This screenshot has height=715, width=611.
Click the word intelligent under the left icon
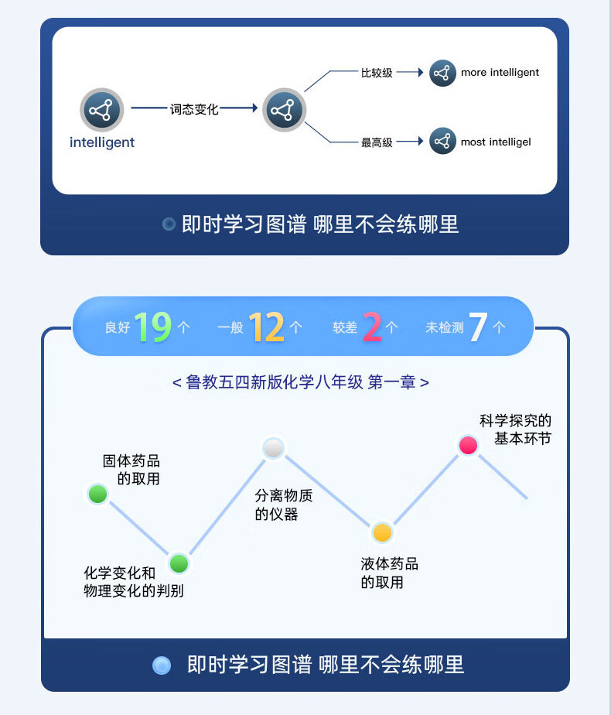[101, 142]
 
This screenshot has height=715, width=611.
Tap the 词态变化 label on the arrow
[194, 110]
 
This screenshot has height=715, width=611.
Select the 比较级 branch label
[377, 73]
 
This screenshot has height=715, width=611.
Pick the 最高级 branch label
[377, 142]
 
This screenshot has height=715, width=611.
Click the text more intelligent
[500, 73]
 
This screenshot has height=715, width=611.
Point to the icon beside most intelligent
[442, 142]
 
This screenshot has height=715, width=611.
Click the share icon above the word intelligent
[101, 110]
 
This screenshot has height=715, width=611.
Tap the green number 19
[152, 327]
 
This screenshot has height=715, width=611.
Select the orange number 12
[267, 327]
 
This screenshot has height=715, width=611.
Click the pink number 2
[371, 327]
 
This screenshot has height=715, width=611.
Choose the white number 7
[477, 327]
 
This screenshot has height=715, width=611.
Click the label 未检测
[444, 328]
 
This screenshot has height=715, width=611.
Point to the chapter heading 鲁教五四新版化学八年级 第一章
[301, 382]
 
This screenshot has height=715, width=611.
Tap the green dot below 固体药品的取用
[97, 494]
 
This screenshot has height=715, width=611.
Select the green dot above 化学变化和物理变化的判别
[179, 564]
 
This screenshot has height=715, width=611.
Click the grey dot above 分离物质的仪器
[274, 448]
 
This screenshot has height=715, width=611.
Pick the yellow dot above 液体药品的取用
[382, 532]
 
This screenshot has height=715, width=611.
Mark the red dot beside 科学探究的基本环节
[468, 445]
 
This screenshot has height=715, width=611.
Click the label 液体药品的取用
[388, 573]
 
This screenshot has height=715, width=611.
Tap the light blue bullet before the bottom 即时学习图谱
[162, 665]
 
